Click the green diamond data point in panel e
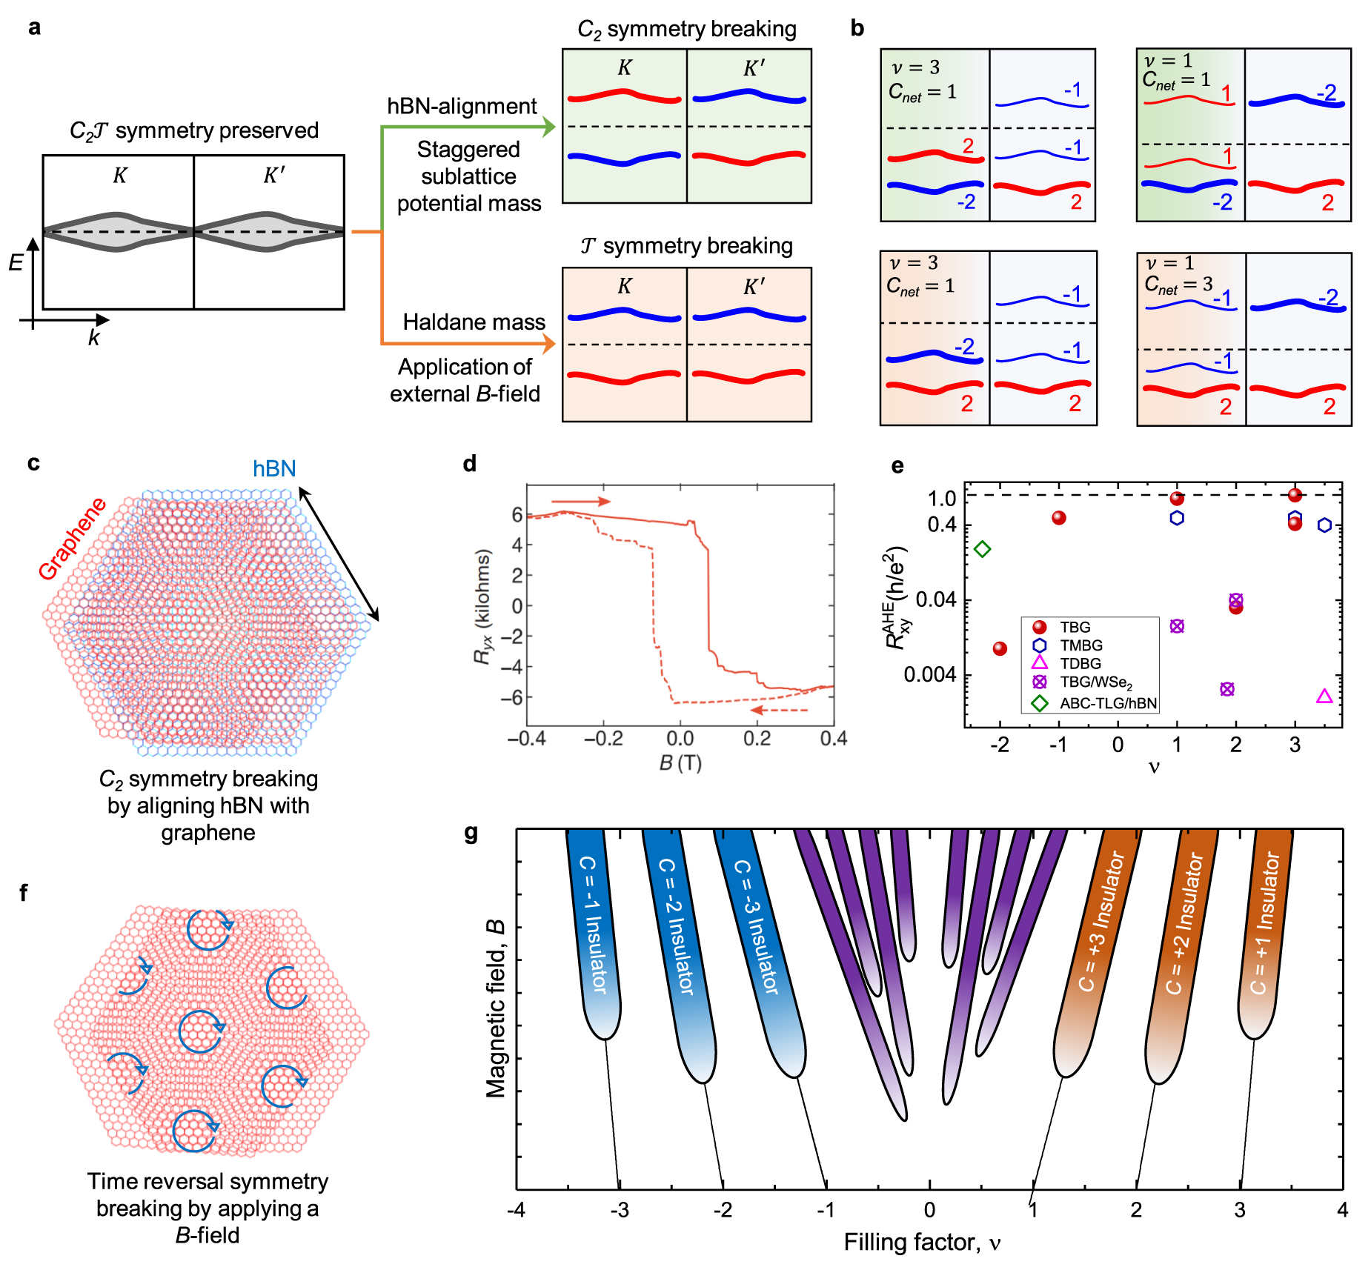pos(983,549)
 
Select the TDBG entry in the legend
pos(1080,663)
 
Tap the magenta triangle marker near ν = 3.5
pos(1324,696)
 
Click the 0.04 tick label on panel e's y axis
pos(935,599)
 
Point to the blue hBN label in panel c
pos(274,468)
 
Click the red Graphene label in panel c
pos(72,539)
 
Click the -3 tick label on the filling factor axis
pos(619,1209)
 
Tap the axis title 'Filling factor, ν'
pos(922,1243)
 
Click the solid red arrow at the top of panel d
pos(580,502)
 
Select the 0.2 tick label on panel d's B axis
pos(757,739)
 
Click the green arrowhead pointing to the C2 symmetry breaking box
pos(548,127)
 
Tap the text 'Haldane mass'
pos(474,322)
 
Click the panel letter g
pos(471,834)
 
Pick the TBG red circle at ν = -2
pos(1000,649)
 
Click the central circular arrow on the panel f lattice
pos(201,1031)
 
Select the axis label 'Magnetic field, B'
pos(495,1008)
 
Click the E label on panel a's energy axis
pos(16,262)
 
